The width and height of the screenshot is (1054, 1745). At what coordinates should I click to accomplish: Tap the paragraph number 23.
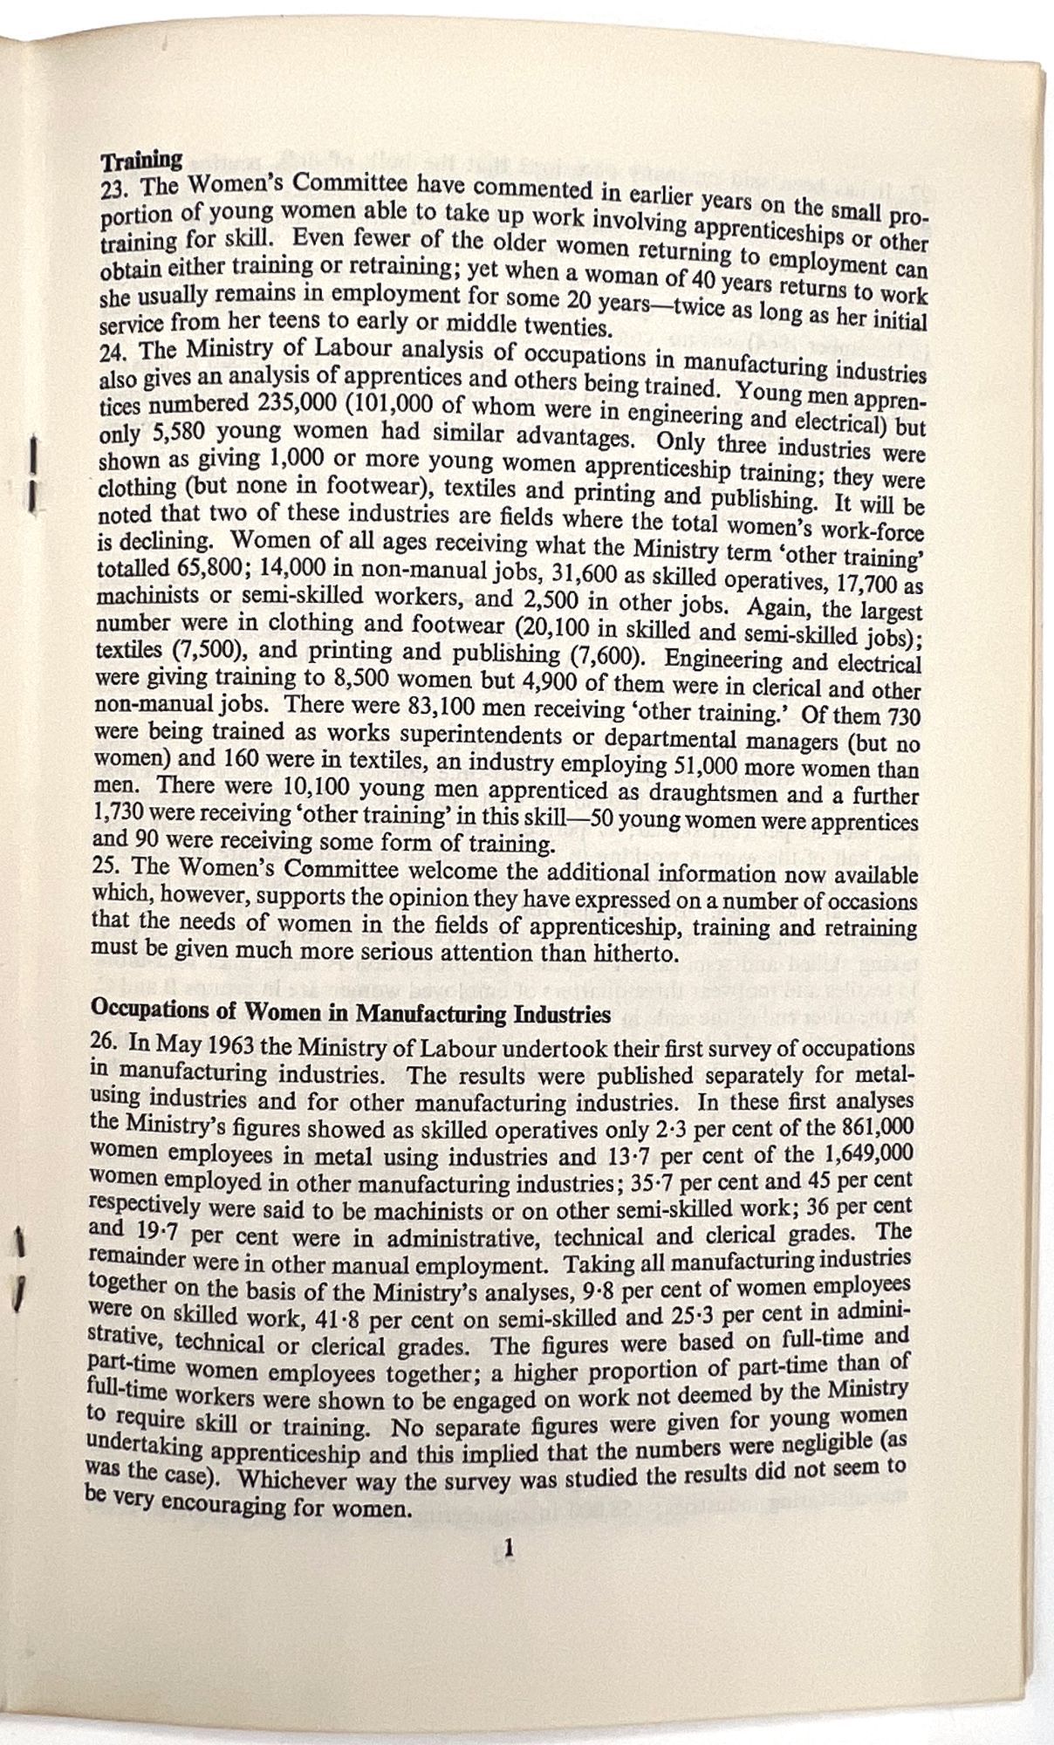click(115, 186)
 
